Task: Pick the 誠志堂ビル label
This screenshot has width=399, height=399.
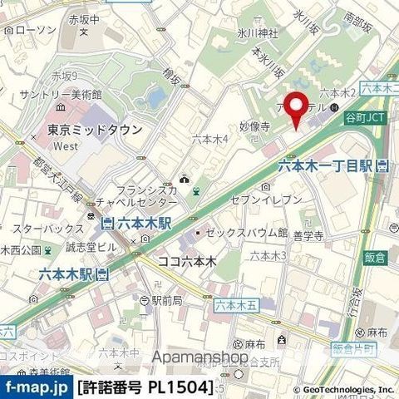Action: pos(73,247)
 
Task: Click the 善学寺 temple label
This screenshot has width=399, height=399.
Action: pos(307,237)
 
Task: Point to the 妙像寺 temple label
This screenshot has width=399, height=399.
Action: pos(254,127)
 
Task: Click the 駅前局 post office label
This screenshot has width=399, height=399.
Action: pos(166,300)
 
